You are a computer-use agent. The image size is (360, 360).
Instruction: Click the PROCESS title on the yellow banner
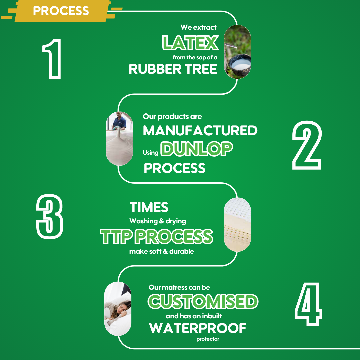click(61, 11)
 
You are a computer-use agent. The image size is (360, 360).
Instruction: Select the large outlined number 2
click(307, 145)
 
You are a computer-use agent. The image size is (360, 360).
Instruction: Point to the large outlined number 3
click(50, 217)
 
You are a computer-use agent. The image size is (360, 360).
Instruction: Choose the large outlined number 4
click(308, 304)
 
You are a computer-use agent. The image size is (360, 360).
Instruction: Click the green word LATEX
click(190, 43)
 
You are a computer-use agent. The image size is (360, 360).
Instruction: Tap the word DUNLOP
click(197, 149)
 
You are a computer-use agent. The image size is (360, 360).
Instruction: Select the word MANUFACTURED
click(200, 130)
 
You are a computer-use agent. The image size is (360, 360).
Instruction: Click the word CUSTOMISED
click(203, 301)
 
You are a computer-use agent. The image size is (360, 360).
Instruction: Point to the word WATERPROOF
click(198, 328)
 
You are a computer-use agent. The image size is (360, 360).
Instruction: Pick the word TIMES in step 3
click(149, 207)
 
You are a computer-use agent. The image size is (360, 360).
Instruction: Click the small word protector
click(208, 339)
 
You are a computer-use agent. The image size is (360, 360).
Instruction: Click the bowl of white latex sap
click(240, 63)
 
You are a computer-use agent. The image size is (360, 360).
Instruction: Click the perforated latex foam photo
click(237, 225)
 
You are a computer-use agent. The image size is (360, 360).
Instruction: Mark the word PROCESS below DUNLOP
click(174, 168)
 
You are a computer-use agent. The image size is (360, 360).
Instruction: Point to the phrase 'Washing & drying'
click(158, 221)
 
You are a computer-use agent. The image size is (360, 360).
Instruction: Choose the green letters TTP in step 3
click(116, 236)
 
